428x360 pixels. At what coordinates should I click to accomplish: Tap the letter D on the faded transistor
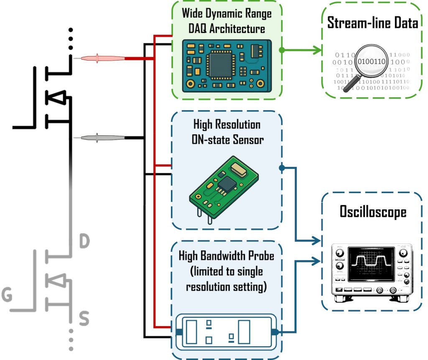pyautogui.click(x=84, y=241)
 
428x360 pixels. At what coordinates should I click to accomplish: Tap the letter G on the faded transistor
pyautogui.click(x=7, y=295)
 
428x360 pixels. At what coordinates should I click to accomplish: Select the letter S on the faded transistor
pyautogui.click(x=84, y=319)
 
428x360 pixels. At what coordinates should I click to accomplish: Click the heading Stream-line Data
pyautogui.click(x=372, y=23)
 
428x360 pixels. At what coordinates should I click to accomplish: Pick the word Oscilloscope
pyautogui.click(x=372, y=212)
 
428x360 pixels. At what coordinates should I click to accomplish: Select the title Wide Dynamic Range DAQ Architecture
pyautogui.click(x=226, y=21)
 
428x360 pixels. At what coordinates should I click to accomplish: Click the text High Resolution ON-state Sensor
pyautogui.click(x=226, y=132)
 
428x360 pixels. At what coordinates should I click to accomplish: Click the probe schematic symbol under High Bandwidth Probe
pyautogui.click(x=226, y=332)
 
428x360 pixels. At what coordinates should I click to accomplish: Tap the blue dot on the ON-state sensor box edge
pyautogui.click(x=282, y=168)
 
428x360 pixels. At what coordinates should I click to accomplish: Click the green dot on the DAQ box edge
pyautogui.click(x=282, y=50)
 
